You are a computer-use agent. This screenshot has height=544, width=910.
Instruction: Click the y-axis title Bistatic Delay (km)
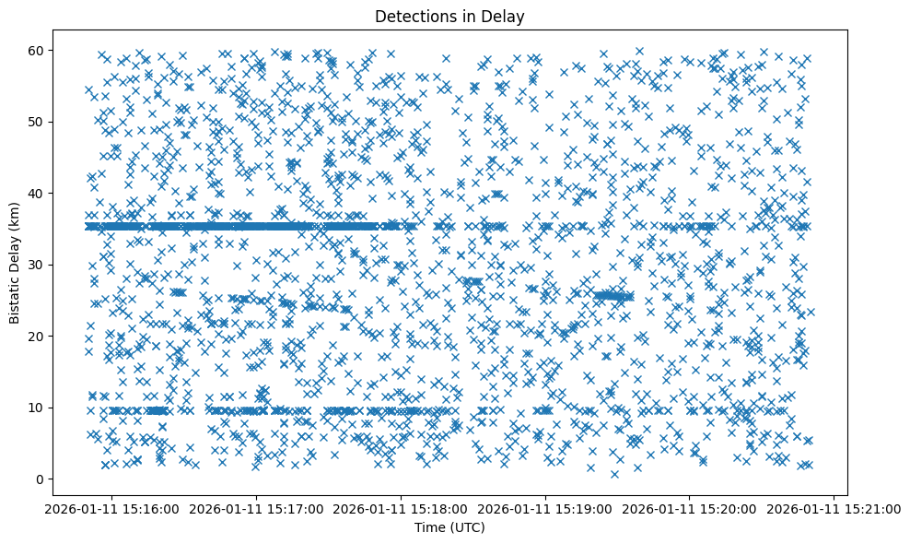coord(15,261)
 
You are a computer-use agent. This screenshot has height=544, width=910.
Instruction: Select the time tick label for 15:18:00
coord(402,508)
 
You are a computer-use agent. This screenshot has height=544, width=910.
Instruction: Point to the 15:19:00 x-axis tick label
coord(546,508)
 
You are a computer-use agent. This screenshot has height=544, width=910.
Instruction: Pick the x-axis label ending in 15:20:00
coord(691,508)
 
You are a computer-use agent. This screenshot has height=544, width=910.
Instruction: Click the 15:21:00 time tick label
coord(834,508)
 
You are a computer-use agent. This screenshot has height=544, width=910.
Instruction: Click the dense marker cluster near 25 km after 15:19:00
coord(612,296)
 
